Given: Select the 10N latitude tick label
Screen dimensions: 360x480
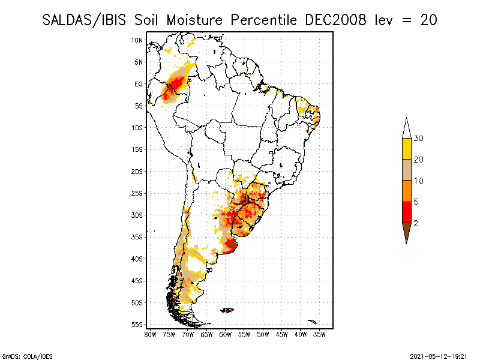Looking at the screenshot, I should [x=137, y=40].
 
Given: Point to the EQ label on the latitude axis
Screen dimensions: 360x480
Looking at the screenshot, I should [x=139, y=84].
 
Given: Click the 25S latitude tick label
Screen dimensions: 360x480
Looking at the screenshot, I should [x=137, y=193].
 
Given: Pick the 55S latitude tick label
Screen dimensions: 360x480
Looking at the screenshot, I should [x=137, y=325].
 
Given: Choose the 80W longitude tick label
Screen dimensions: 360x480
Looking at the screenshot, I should [x=150, y=334].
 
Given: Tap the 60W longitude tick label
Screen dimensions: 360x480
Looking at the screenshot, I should [x=226, y=334].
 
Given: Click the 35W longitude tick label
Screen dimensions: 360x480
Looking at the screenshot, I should [x=320, y=334].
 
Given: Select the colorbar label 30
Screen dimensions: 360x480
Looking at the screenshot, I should [x=419, y=139].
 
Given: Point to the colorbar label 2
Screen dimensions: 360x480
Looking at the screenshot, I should [x=416, y=223].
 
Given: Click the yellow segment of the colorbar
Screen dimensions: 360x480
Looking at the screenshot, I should [x=406, y=149].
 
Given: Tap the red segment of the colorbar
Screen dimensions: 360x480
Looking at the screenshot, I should [x=406, y=212].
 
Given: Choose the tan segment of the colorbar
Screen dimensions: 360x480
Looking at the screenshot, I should [x=406, y=170].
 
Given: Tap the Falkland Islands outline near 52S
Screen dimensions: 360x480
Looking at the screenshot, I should [x=227, y=310].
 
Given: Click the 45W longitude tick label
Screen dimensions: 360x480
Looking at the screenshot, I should [x=282, y=334].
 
